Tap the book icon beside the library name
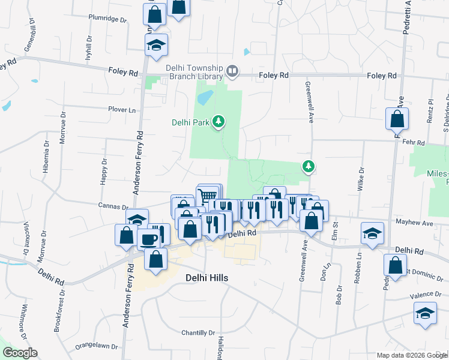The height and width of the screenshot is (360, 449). pyautogui.click(x=232, y=73)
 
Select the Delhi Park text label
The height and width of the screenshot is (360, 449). pyautogui.click(x=190, y=122)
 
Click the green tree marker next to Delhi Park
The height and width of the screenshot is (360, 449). pyautogui.click(x=218, y=122)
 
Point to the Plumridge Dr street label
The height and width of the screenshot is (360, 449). pyautogui.click(x=108, y=19)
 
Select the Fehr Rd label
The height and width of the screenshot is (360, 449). pyautogui.click(x=414, y=143)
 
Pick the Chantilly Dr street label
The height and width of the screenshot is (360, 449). pyautogui.click(x=198, y=332)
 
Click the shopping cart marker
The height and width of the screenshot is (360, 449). pyautogui.click(x=207, y=196)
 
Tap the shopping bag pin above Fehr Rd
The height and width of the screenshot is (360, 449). pyautogui.click(x=397, y=119)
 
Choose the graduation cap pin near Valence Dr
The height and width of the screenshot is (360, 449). pyautogui.click(x=425, y=313)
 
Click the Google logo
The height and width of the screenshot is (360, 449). pyautogui.click(x=20, y=353)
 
